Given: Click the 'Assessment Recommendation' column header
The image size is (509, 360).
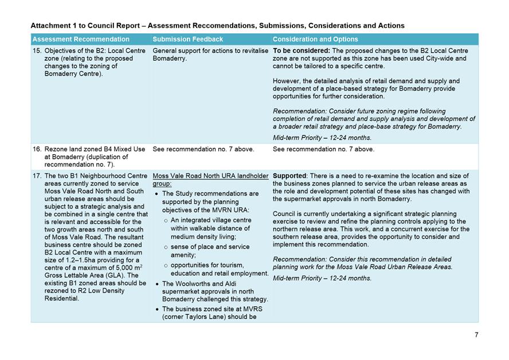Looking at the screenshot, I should (81, 40).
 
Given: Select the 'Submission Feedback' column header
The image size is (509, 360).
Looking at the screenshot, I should (187, 40).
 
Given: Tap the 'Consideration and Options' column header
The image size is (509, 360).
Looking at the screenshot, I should (315, 40).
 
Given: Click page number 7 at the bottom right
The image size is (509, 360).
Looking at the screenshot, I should (476, 335).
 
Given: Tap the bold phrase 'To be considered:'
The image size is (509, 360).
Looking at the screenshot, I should (300, 51).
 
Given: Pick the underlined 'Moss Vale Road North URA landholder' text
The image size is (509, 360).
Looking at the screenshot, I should (210, 176).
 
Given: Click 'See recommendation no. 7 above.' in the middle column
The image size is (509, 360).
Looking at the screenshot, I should (203, 149).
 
